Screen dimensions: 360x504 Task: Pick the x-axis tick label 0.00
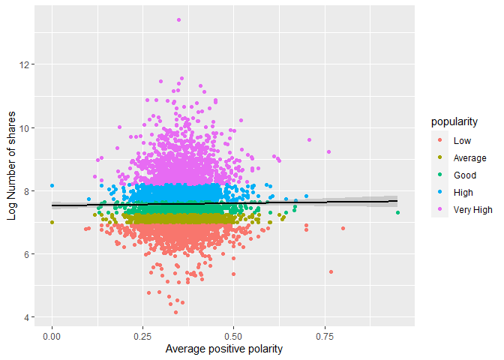pos(52,337)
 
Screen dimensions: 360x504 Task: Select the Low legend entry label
pos(461,140)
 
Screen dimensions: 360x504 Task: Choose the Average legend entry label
pos(469,157)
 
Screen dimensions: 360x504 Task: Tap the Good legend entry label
pos(464,175)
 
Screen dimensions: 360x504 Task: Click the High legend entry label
pos(463,193)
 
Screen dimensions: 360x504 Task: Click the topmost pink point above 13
pos(178,20)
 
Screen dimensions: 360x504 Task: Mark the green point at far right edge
pos(398,213)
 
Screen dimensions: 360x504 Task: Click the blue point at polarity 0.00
pos(52,185)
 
